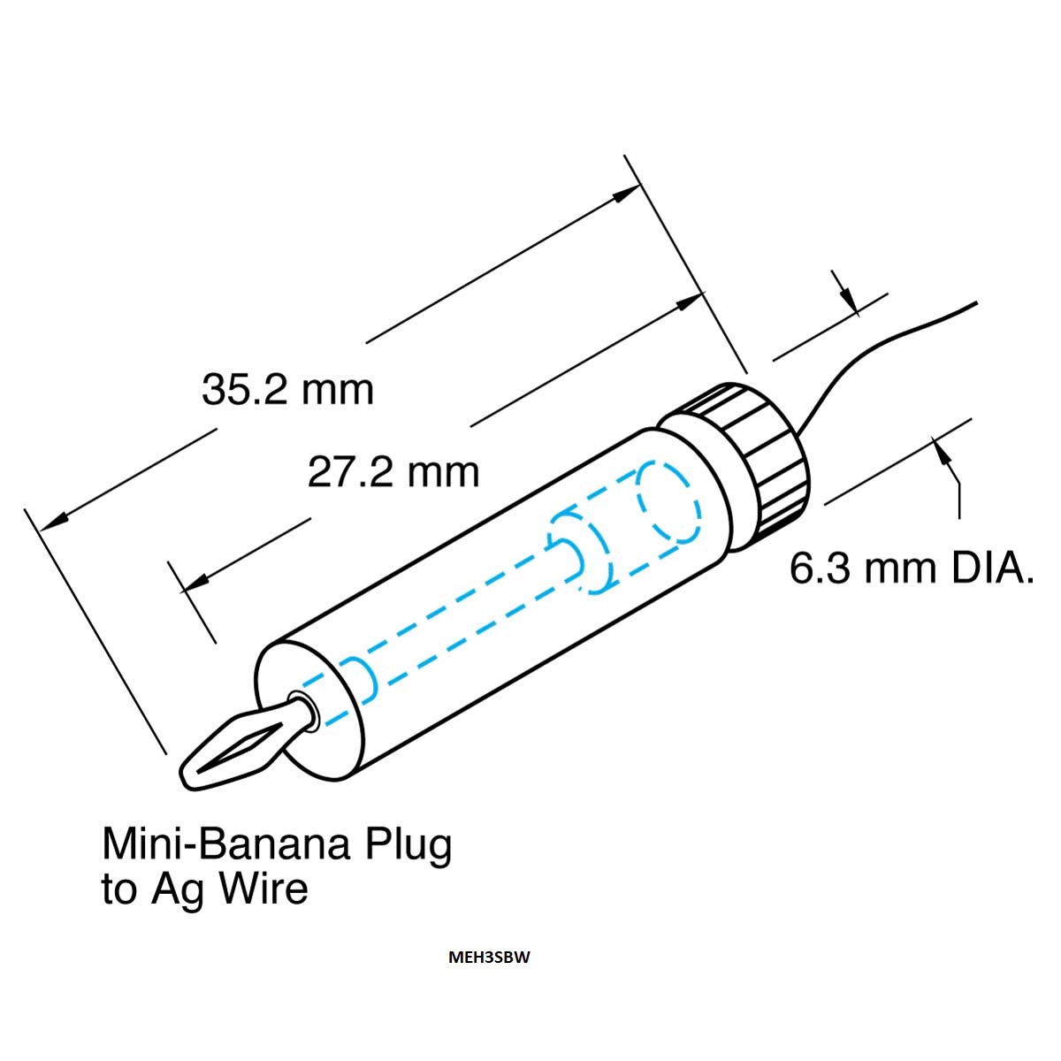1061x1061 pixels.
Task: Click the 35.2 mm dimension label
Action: pos(287,390)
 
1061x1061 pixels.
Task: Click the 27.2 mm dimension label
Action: pos(393,472)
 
